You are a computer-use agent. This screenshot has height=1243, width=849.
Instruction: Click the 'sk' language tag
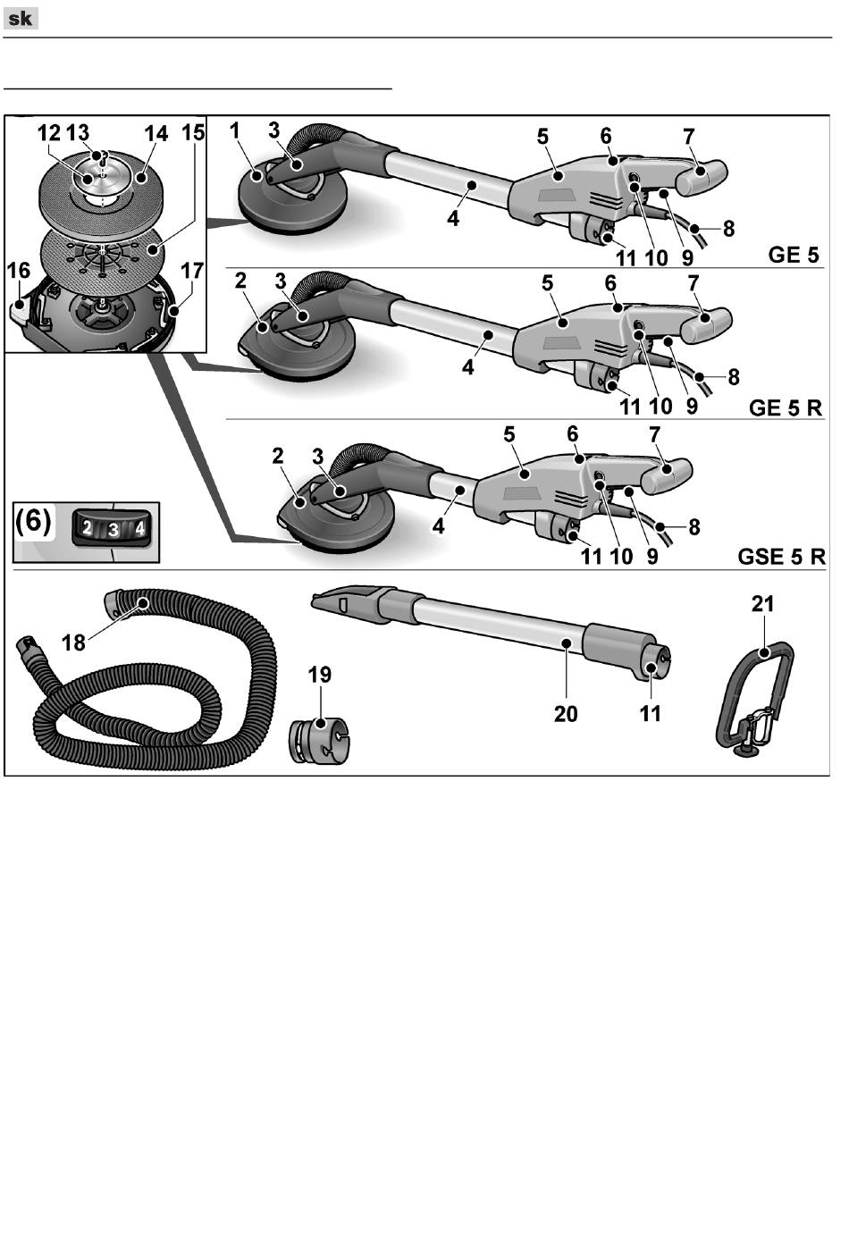tap(21, 19)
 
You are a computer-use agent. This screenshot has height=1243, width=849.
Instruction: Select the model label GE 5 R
tap(785, 407)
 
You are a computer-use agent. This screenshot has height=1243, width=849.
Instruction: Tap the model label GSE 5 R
tap(781, 557)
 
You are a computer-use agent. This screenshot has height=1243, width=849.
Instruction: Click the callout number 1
tap(235, 130)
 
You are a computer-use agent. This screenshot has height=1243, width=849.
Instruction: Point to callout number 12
tap(49, 134)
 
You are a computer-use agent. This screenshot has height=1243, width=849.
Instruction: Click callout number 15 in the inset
tap(193, 133)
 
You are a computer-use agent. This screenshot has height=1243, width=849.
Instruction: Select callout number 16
tap(19, 271)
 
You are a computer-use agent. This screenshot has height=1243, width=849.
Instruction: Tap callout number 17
tap(192, 270)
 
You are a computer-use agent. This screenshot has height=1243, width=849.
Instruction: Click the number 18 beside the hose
tap(73, 642)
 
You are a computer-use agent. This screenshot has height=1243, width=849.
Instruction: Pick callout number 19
tap(320, 674)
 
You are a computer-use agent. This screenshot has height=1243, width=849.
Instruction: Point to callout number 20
tap(566, 713)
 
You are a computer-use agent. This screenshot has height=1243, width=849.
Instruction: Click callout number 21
tap(762, 604)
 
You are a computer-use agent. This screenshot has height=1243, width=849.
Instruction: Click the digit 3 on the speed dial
tap(113, 529)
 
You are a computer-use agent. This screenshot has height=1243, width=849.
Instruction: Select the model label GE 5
tap(794, 255)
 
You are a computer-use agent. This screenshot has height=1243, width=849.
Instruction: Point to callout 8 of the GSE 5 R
tap(693, 527)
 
